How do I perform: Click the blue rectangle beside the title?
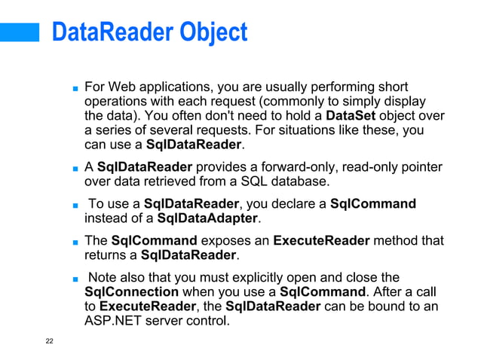pos(20,32)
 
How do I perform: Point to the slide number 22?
pos(49,341)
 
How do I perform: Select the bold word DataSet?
pos(350,115)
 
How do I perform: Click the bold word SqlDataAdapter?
pos(207,218)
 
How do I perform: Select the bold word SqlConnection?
pos(132,291)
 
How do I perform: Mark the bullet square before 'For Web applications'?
pos(75,88)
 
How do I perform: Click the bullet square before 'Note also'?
pos(75,279)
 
